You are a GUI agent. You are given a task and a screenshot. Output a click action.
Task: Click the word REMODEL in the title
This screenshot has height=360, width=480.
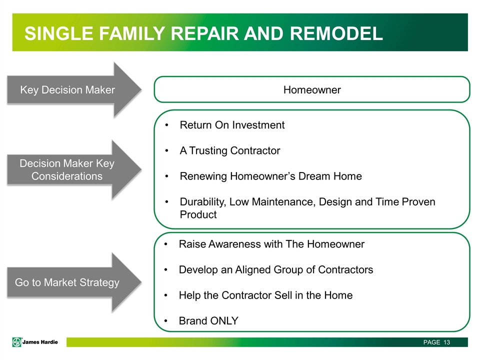click(x=336, y=33)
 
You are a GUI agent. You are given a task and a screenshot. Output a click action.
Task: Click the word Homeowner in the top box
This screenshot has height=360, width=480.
click(x=312, y=89)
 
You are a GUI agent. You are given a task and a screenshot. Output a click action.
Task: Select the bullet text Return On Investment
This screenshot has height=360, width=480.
click(x=232, y=125)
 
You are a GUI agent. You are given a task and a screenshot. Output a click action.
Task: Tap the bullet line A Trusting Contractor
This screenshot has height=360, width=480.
click(x=230, y=150)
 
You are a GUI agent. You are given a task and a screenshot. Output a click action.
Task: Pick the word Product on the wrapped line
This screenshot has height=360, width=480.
click(x=198, y=214)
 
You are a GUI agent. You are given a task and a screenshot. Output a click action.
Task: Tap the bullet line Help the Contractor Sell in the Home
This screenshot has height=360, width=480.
click(x=265, y=295)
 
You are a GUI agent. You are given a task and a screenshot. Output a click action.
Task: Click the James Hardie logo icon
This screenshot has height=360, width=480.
click(x=17, y=342)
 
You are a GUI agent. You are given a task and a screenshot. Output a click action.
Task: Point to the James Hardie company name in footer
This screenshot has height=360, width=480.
click(x=40, y=342)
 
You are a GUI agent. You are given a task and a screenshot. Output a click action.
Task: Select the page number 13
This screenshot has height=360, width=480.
click(x=446, y=342)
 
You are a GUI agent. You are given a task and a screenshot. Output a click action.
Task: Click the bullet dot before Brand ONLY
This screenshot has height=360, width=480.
click(x=166, y=321)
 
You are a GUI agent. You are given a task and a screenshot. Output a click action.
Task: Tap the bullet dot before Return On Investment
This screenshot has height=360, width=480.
click(x=166, y=125)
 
